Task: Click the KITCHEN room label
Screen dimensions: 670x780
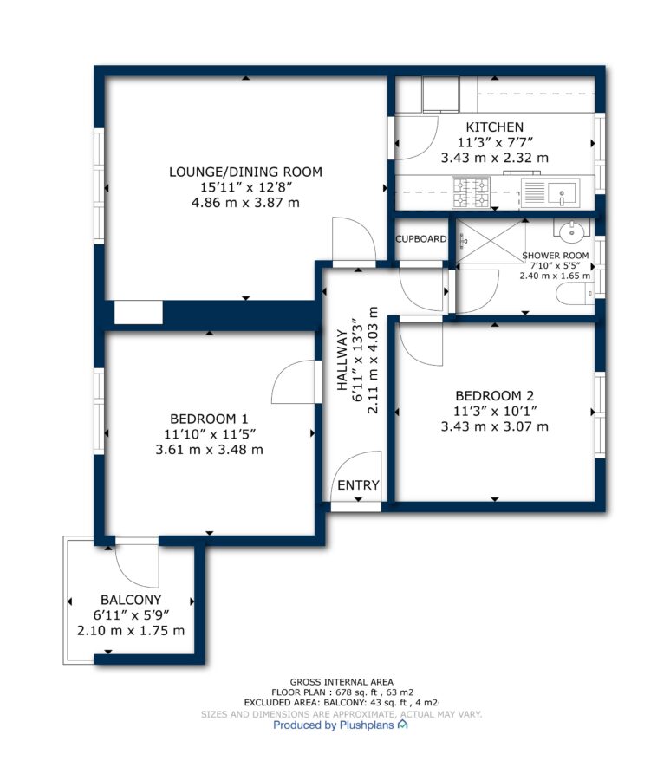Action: tap(494, 127)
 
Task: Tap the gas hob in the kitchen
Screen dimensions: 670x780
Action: tap(471, 192)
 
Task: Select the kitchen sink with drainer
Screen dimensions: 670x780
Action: tap(550, 192)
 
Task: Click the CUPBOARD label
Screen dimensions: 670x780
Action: tap(420, 239)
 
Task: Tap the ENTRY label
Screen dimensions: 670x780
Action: tap(358, 485)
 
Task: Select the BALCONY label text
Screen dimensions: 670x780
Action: tap(131, 600)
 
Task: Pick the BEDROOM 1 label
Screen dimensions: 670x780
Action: tap(209, 419)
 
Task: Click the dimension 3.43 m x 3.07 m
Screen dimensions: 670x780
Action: tap(494, 426)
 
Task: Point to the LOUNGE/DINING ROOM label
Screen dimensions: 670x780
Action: tap(245, 172)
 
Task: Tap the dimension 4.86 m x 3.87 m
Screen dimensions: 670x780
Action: tap(245, 203)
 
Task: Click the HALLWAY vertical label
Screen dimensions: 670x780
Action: tap(342, 360)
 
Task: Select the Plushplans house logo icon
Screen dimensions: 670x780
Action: tap(403, 725)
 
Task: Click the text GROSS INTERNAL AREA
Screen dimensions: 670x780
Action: tap(342, 682)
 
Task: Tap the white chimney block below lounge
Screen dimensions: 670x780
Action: tap(139, 312)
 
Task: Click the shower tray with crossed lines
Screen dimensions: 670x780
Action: tap(490, 241)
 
